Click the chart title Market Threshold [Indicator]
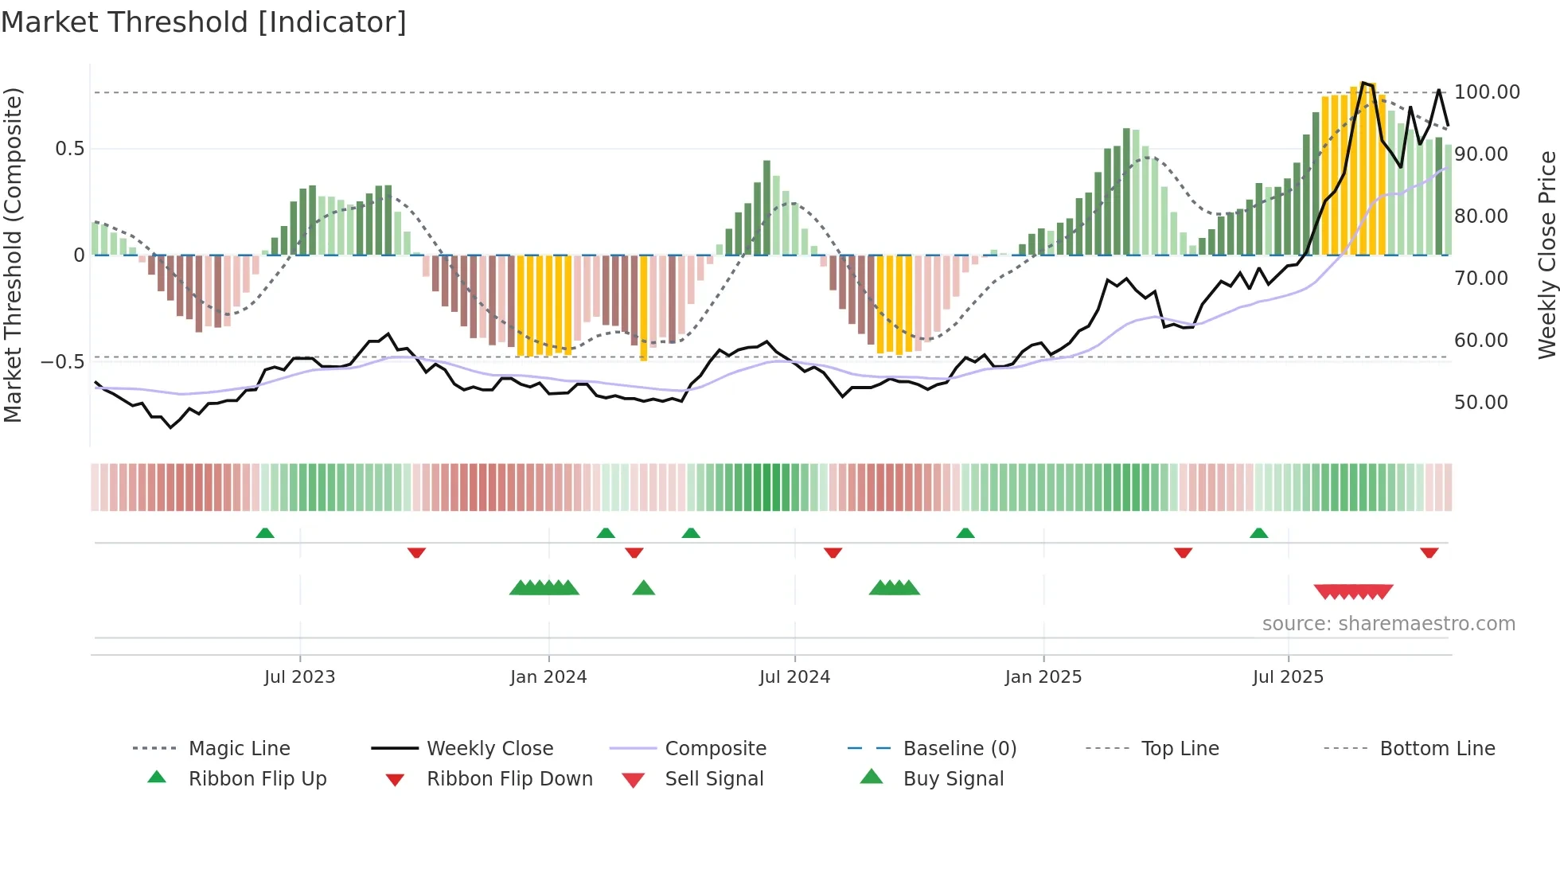[204, 22]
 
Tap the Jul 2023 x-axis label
[299, 677]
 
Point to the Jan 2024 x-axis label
[548, 677]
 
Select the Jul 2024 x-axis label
[794, 677]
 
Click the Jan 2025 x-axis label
[1043, 677]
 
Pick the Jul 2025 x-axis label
[1288, 677]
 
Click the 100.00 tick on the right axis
[1487, 92]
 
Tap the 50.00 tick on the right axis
[1481, 403]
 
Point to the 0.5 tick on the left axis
[69, 149]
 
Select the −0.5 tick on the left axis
[63, 362]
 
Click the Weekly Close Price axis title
[1546, 255]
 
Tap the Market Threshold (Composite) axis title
[13, 255]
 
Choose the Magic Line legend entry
[239, 749]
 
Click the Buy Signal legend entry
[953, 779]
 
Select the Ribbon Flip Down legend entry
[509, 779]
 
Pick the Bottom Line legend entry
[1437, 749]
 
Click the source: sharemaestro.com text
[1388, 624]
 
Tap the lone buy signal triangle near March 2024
[643, 588]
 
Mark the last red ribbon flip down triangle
[1429, 552]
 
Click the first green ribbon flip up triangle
[265, 532]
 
